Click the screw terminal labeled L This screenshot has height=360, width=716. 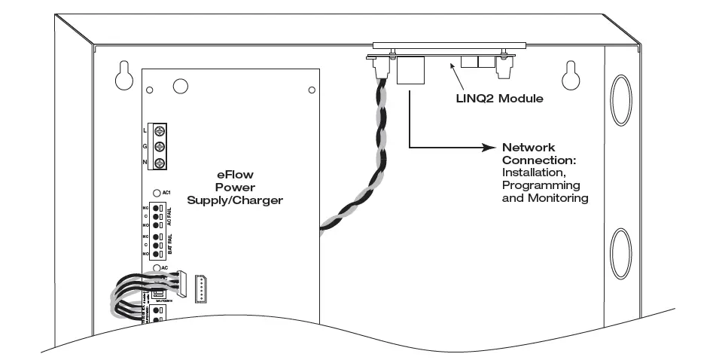click(160, 131)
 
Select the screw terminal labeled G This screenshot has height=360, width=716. click(160, 147)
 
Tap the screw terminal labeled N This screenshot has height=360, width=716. click(160, 163)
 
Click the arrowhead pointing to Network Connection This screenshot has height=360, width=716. click(487, 148)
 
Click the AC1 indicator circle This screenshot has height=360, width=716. click(156, 194)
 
